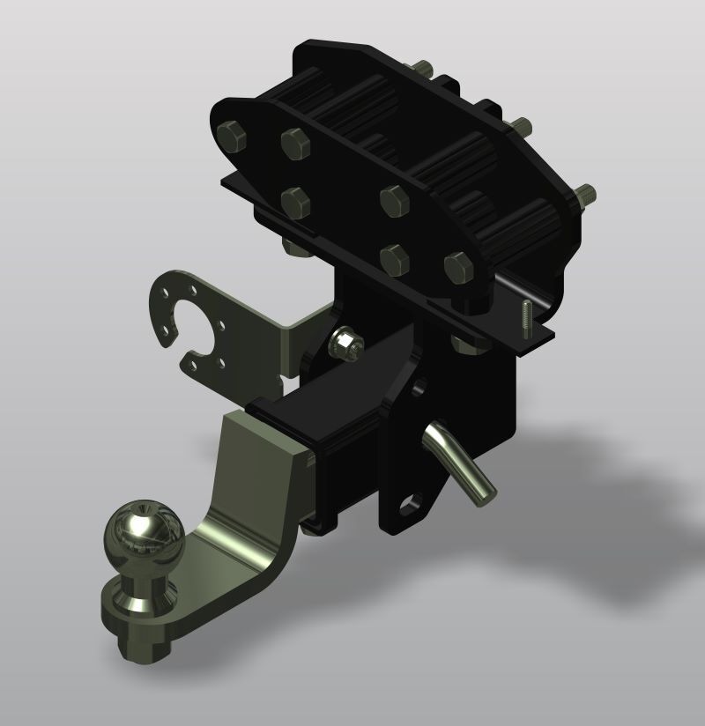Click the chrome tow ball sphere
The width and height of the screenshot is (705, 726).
144,534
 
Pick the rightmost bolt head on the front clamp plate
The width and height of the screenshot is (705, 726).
458,266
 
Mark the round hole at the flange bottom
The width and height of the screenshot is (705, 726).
411,507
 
